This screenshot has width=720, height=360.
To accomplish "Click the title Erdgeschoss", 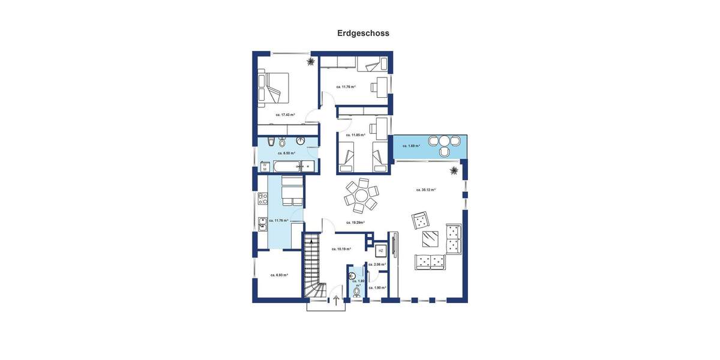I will pos(363,34).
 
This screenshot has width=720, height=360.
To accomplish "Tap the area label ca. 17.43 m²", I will pos(285,115).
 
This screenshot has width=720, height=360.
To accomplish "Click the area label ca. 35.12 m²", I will pos(425,190).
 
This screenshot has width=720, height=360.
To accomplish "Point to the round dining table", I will pos(361,196).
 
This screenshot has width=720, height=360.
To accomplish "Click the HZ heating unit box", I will pos(380,251).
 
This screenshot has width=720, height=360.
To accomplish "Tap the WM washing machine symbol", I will pos(264,167).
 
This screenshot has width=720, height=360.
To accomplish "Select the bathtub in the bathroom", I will pos(294,166).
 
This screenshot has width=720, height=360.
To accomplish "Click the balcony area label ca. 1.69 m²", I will pos(411,146).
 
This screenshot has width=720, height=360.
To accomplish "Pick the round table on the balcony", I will pos(444,142).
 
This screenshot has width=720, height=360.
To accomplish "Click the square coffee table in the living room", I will pos(430,239).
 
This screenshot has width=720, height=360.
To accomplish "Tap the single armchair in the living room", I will pos(421,220).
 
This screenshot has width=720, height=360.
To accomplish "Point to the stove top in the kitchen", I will pos(262,198).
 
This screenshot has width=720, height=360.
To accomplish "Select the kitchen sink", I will pos(262,224).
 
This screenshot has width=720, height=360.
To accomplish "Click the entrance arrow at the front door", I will pos(337,300).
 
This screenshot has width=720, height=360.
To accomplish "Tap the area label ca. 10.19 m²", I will pos(341,248).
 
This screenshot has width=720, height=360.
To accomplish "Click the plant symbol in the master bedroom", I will pos(310,61).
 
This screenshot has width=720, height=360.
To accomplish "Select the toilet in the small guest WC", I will pos(357,292).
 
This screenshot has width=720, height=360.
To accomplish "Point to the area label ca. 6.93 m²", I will pos(279,275).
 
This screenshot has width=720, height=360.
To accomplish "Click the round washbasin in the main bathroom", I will pos(301,141).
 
